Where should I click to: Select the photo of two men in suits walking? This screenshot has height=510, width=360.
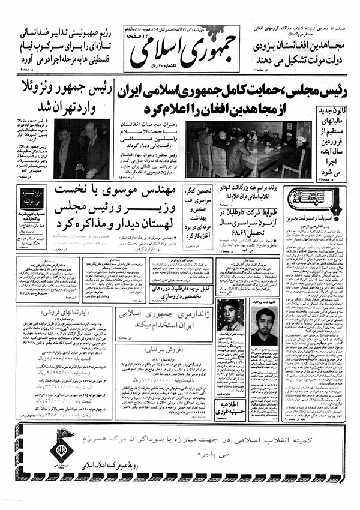pos(82,149)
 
